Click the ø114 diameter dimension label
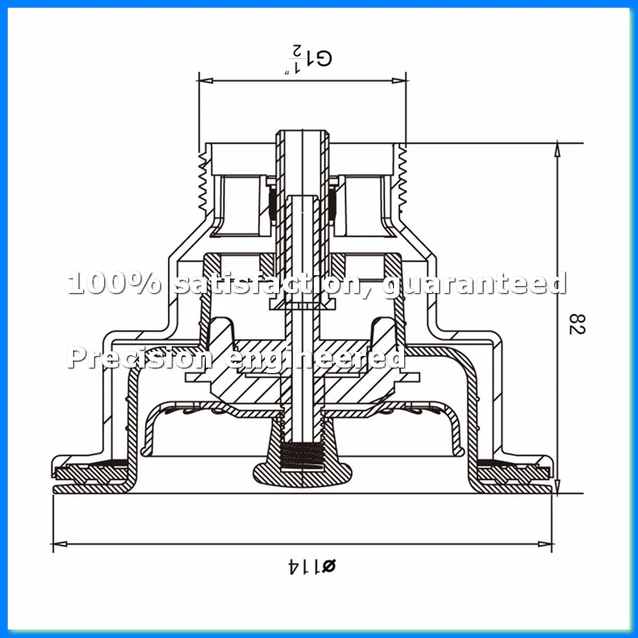(312, 566)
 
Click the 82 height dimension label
(577, 324)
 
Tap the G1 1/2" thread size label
(308, 59)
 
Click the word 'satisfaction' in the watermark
(266, 283)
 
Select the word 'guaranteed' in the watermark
(475, 284)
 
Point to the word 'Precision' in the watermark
(139, 357)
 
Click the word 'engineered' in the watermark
(315, 358)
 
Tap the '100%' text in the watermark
(114, 283)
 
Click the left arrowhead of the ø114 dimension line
(60, 544)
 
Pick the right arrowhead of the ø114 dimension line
(546, 544)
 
